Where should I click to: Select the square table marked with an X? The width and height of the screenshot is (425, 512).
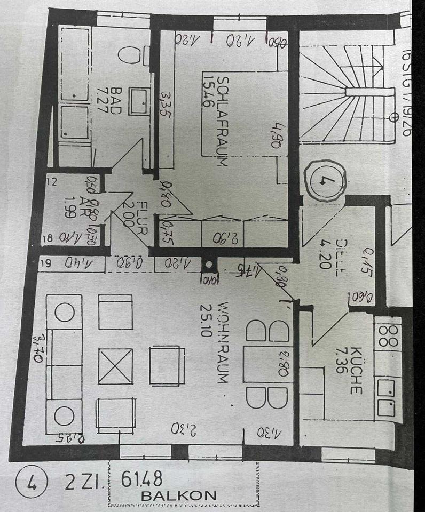coord(115,366)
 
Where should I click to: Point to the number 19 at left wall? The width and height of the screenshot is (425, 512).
coord(46,262)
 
